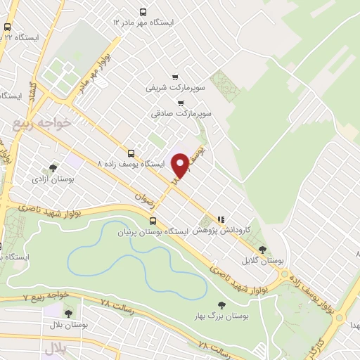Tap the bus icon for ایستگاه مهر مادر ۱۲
(x=143, y=12)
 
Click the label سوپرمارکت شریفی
(x=169, y=88)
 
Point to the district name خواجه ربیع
(x=41, y=124)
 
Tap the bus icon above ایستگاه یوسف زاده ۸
(x=131, y=153)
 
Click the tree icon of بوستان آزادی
(x=53, y=168)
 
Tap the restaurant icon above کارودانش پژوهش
(x=222, y=219)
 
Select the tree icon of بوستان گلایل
(x=262, y=249)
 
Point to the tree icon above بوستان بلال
(x=68, y=314)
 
